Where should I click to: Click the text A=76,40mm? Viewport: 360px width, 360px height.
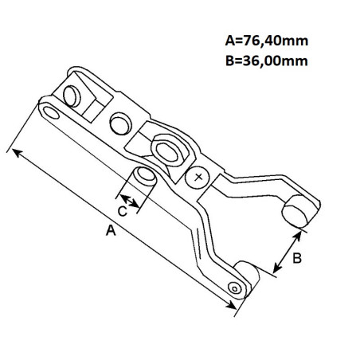(x=267, y=41)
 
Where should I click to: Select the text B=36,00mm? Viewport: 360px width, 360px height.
(x=267, y=61)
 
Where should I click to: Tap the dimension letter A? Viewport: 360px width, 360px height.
(x=111, y=230)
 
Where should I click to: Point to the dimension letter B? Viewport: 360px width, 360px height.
(x=297, y=258)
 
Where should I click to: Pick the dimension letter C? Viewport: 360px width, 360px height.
(x=122, y=211)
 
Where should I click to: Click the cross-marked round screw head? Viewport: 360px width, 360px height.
(x=198, y=178)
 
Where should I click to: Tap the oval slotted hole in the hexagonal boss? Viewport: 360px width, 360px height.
(x=166, y=152)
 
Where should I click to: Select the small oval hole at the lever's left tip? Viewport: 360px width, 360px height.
(x=51, y=113)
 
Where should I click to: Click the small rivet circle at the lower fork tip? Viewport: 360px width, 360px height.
(x=235, y=288)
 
